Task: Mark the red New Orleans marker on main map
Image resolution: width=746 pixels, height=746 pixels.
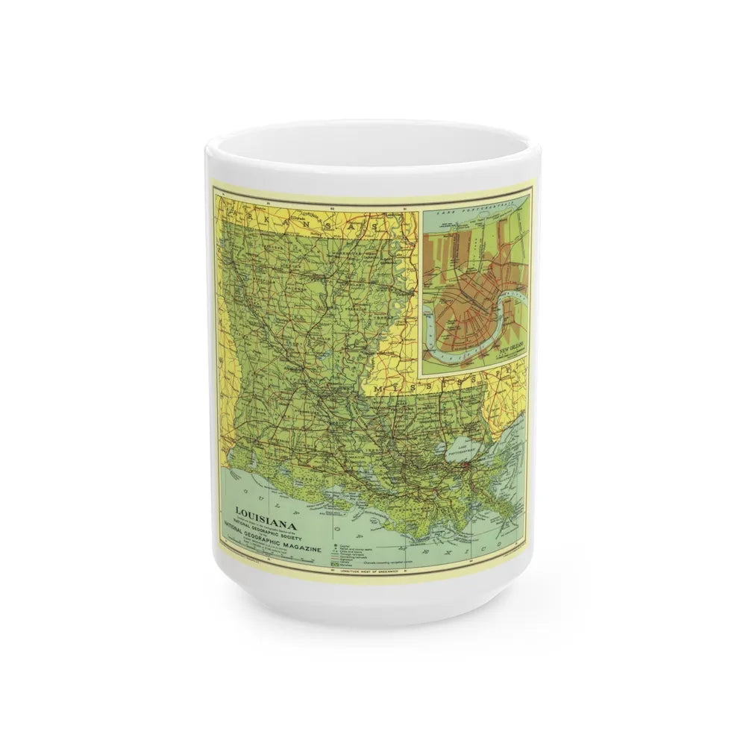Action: point(465,467)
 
